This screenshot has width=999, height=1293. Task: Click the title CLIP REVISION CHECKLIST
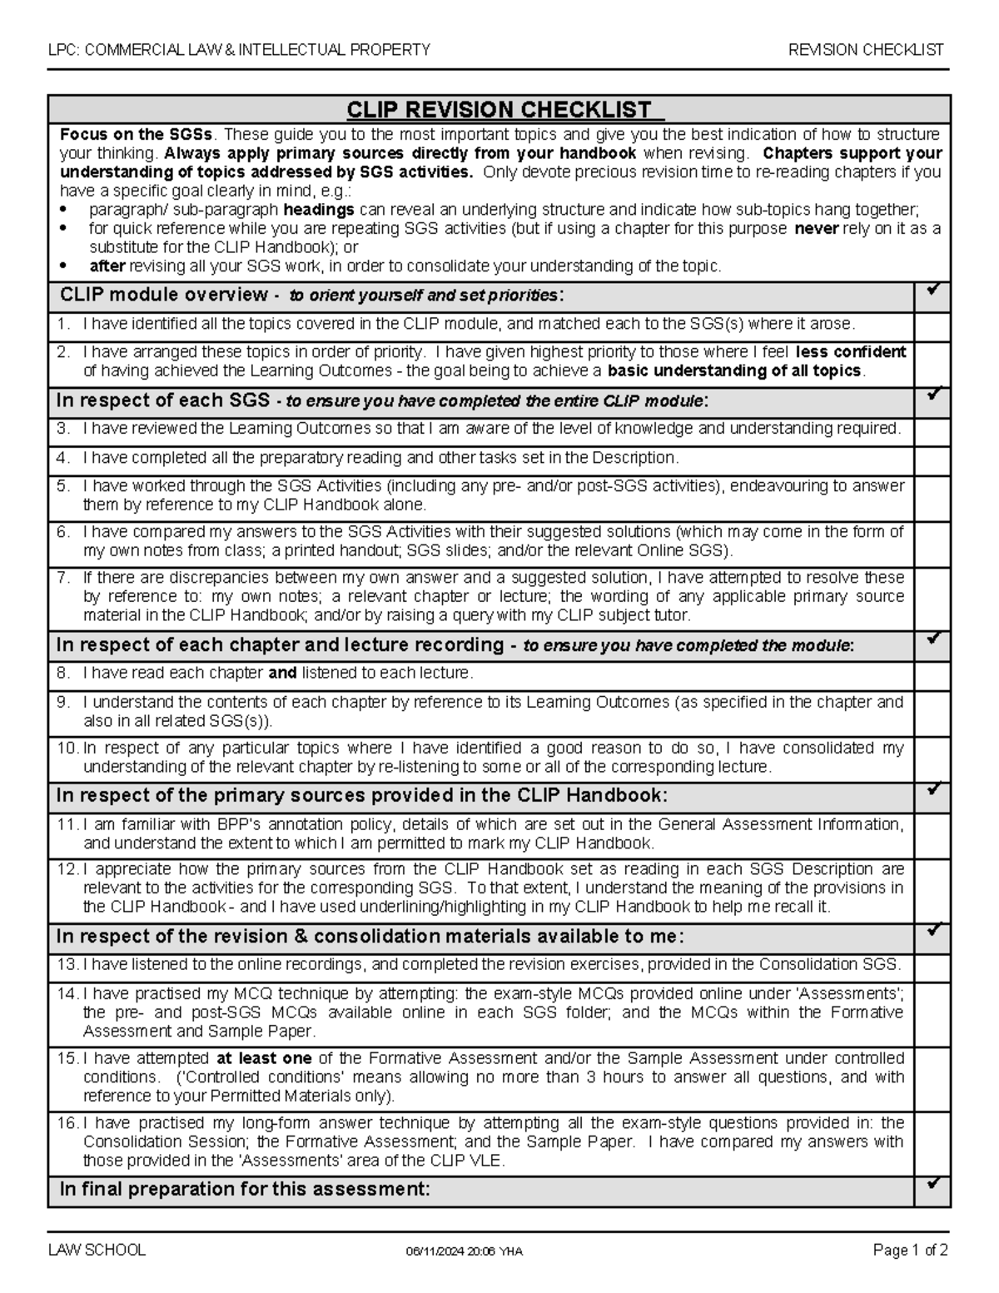[499, 110]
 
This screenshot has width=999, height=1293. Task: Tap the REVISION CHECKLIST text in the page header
[866, 50]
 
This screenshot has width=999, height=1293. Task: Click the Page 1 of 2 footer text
[910, 1250]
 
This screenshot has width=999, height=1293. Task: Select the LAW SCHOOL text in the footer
[97, 1250]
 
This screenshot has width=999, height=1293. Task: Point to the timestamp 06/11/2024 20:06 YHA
[464, 1251]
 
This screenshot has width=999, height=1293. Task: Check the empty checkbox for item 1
[932, 324]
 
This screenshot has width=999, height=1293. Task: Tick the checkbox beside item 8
[932, 673]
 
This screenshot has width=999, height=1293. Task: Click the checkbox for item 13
[932, 965]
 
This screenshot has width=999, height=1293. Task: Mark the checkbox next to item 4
[932, 458]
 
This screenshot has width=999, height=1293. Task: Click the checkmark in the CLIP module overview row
[932, 291]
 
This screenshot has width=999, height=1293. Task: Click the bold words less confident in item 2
[851, 351]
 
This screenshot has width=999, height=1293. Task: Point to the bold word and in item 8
[282, 673]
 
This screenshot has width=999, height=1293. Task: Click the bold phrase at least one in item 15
[264, 1058]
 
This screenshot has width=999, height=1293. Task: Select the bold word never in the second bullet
[816, 229]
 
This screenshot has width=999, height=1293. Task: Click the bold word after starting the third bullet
[107, 266]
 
